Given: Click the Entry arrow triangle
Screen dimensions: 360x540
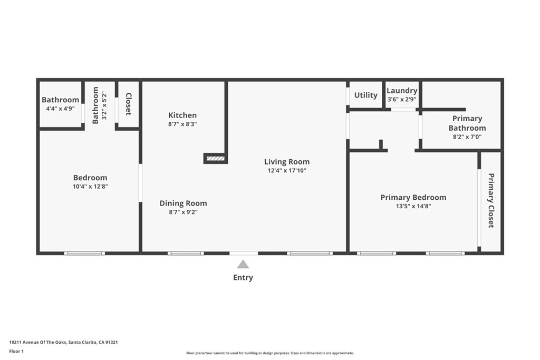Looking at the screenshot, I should click(243, 265).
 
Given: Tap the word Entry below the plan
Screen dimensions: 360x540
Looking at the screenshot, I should click(243, 278).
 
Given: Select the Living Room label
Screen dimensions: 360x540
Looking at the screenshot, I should click(287, 162).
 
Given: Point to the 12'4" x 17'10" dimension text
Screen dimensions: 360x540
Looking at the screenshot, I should click(287, 171).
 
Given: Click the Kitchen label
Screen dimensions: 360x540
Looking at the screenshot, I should click(182, 115).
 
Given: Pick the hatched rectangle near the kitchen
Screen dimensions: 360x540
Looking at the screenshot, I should click(216, 158).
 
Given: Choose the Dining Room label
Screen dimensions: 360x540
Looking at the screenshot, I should click(184, 203).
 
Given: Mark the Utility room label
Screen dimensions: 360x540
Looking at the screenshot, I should click(365, 95).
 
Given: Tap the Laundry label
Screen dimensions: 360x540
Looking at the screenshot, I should click(402, 91).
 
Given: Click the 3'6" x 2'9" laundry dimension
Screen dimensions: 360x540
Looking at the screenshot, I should click(402, 99).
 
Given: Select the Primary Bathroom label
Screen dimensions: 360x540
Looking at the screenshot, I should click(467, 123).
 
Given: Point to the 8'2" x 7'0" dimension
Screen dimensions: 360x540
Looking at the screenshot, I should click(467, 137).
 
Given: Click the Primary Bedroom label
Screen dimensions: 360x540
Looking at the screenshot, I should click(413, 198).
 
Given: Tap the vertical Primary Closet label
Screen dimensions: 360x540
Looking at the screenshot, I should click(491, 200).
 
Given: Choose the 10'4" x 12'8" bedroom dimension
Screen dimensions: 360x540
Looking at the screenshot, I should click(90, 187).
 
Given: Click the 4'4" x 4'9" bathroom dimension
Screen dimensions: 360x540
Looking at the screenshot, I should click(60, 109).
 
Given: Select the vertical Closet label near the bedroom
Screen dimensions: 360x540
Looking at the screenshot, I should click(128, 104).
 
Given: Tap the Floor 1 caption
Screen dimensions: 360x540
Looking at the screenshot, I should click(17, 351).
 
